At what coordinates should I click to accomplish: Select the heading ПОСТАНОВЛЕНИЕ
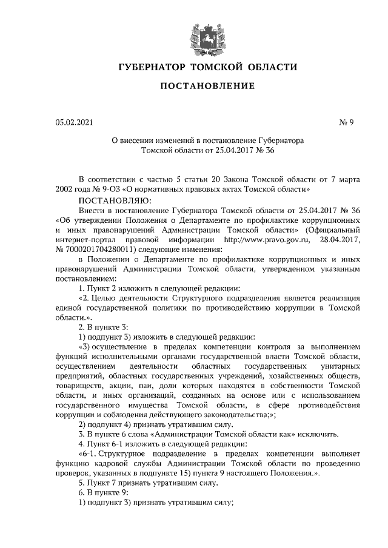pyautogui.click(x=194, y=87)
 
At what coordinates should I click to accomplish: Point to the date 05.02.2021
pyautogui.click(x=75, y=124)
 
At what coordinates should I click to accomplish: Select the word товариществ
pyautogui.click(x=77, y=387)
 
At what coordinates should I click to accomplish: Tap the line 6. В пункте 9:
pyautogui.click(x=102, y=492)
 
